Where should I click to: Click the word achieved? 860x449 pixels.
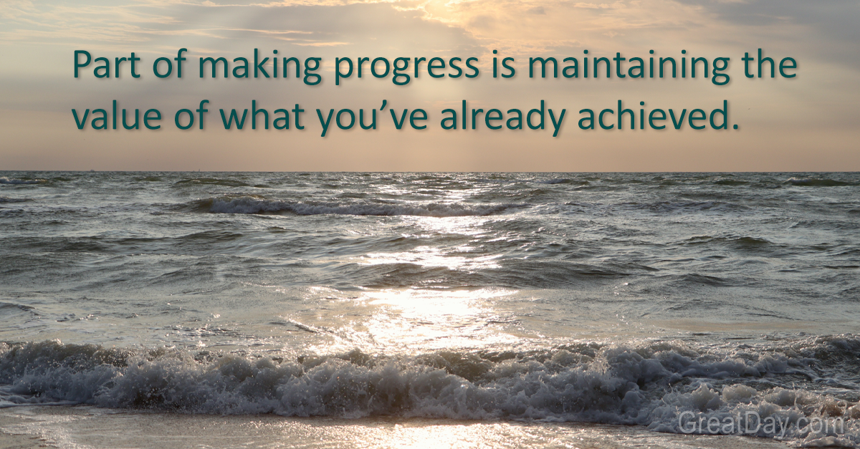(x=655, y=117)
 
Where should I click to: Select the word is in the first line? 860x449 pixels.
(x=501, y=66)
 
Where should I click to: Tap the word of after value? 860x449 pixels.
(x=191, y=117)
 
